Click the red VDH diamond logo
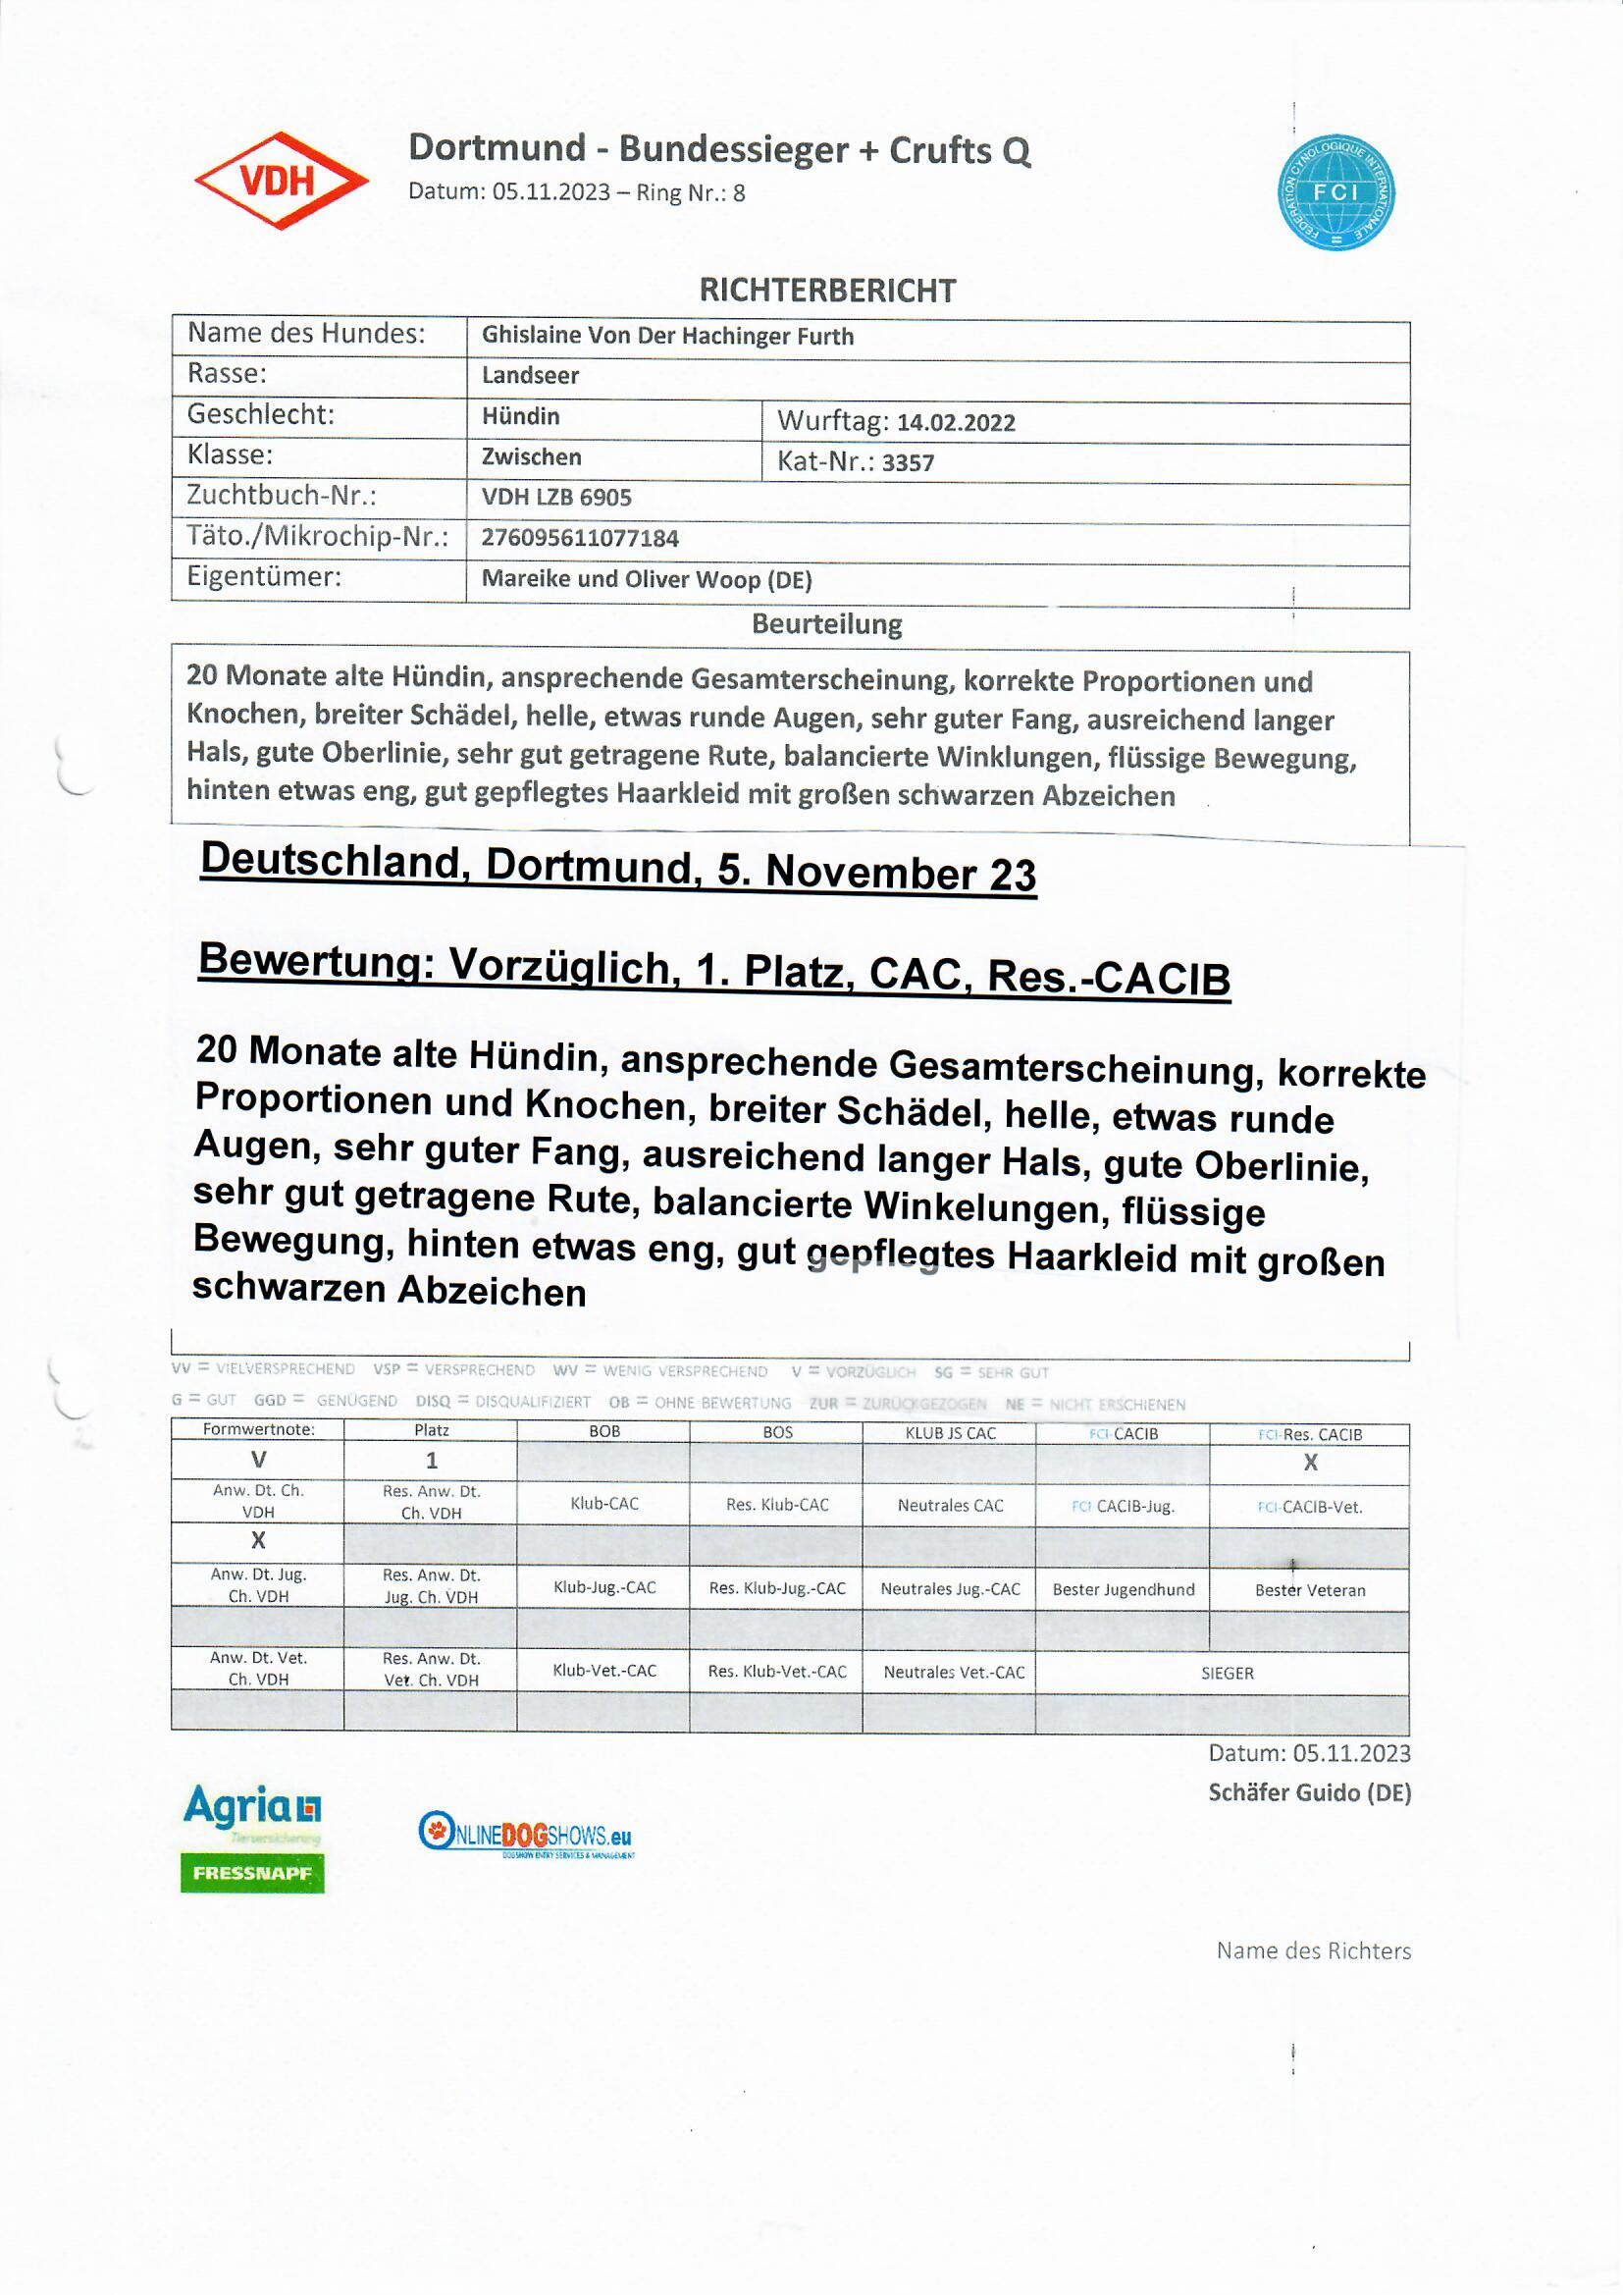click(x=281, y=181)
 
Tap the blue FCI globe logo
click(x=1335, y=193)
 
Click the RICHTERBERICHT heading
click(x=826, y=291)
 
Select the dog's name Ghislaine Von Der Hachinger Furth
click(x=666, y=337)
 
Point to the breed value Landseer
click(x=530, y=376)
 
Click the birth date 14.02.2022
click(x=956, y=423)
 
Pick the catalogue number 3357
click(x=908, y=462)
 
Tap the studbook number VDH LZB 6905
click(x=555, y=498)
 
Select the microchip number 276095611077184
click(x=580, y=539)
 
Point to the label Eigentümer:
click(x=264, y=577)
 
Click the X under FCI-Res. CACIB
click(x=1309, y=1463)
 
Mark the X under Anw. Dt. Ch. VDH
click(x=258, y=1540)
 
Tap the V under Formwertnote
click(x=258, y=1461)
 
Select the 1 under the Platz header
click(x=431, y=1461)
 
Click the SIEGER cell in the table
click(x=1227, y=1674)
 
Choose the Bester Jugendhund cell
click(x=1123, y=1589)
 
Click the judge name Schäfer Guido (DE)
click(x=1308, y=1792)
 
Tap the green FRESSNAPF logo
click(x=252, y=1873)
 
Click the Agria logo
click(x=252, y=1807)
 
